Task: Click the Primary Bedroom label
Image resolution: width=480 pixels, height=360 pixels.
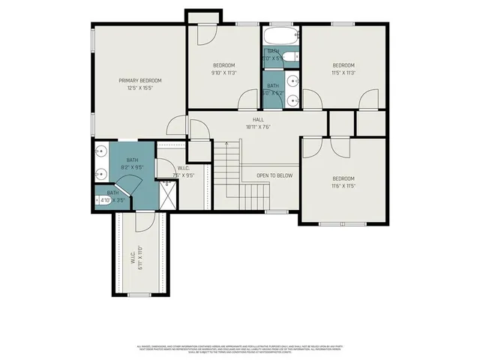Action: (x=140, y=80)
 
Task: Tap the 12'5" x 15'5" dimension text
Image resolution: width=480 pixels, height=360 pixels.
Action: (x=140, y=88)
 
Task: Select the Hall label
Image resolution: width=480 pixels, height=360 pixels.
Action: (x=258, y=119)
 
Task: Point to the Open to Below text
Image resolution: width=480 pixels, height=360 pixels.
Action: (x=274, y=175)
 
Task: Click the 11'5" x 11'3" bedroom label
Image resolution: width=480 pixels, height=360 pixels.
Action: (x=343, y=65)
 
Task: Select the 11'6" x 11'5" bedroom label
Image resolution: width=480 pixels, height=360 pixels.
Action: (x=343, y=178)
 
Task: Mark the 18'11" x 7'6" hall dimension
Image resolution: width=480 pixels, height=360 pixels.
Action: (x=258, y=127)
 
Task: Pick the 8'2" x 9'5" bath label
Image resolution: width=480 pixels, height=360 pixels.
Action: (x=132, y=160)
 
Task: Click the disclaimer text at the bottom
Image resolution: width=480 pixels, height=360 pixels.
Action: (x=240, y=349)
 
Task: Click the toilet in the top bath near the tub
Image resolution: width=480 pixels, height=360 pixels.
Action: (x=295, y=55)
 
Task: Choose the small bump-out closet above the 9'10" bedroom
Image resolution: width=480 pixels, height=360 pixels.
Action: (x=204, y=17)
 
